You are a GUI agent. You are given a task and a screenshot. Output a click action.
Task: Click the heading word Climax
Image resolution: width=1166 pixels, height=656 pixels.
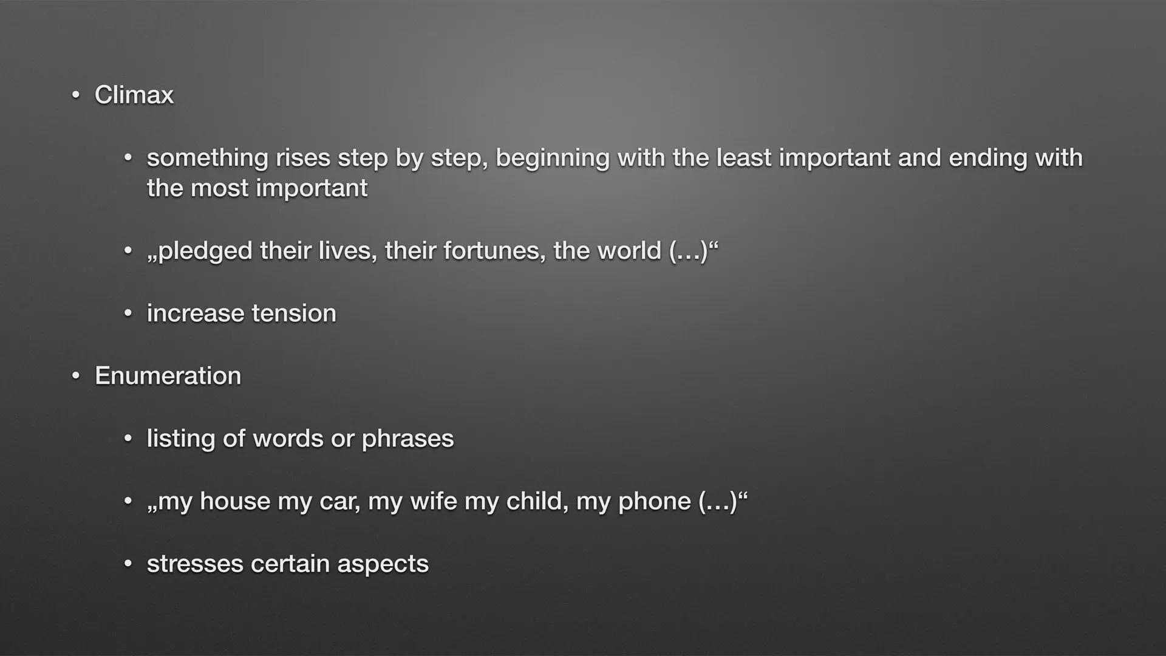pos(134,95)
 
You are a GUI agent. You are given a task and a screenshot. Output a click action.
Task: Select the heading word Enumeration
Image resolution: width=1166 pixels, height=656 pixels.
pos(168,376)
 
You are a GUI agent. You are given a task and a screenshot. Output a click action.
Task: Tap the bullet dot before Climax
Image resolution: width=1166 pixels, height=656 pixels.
pos(75,95)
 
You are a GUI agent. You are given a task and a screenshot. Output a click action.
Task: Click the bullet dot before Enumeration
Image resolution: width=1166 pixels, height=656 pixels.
pos(75,377)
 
